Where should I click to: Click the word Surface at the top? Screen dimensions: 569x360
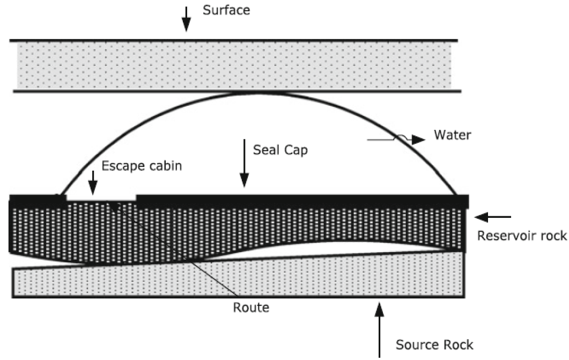(226, 10)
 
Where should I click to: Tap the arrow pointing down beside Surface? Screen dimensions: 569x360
(186, 19)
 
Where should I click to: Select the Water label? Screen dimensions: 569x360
(452, 135)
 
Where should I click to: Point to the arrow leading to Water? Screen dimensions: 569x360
(396, 139)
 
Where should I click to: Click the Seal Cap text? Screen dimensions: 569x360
(280, 150)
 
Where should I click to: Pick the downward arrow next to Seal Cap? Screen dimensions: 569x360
(244, 163)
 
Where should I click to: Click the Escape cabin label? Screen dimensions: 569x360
(142, 166)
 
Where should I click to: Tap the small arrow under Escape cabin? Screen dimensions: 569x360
(93, 182)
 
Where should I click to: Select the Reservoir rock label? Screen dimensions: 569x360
(522, 236)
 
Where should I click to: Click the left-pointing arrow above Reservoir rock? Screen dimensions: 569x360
(493, 217)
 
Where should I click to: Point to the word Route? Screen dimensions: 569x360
(251, 308)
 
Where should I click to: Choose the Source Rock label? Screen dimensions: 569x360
(434, 345)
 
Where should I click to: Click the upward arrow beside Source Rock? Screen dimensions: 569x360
(379, 330)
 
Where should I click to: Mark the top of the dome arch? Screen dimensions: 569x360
(256, 93)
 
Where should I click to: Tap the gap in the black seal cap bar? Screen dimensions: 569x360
(101, 198)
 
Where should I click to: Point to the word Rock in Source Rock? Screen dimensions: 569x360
(456, 345)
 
